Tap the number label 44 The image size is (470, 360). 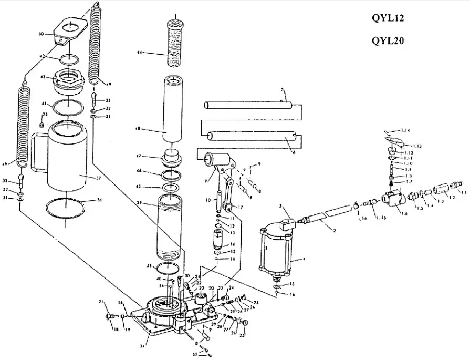140,53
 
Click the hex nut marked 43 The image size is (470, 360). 68,80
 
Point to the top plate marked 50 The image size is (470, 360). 70,29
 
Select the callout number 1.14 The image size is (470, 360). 404,130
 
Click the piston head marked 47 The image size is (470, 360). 173,157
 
